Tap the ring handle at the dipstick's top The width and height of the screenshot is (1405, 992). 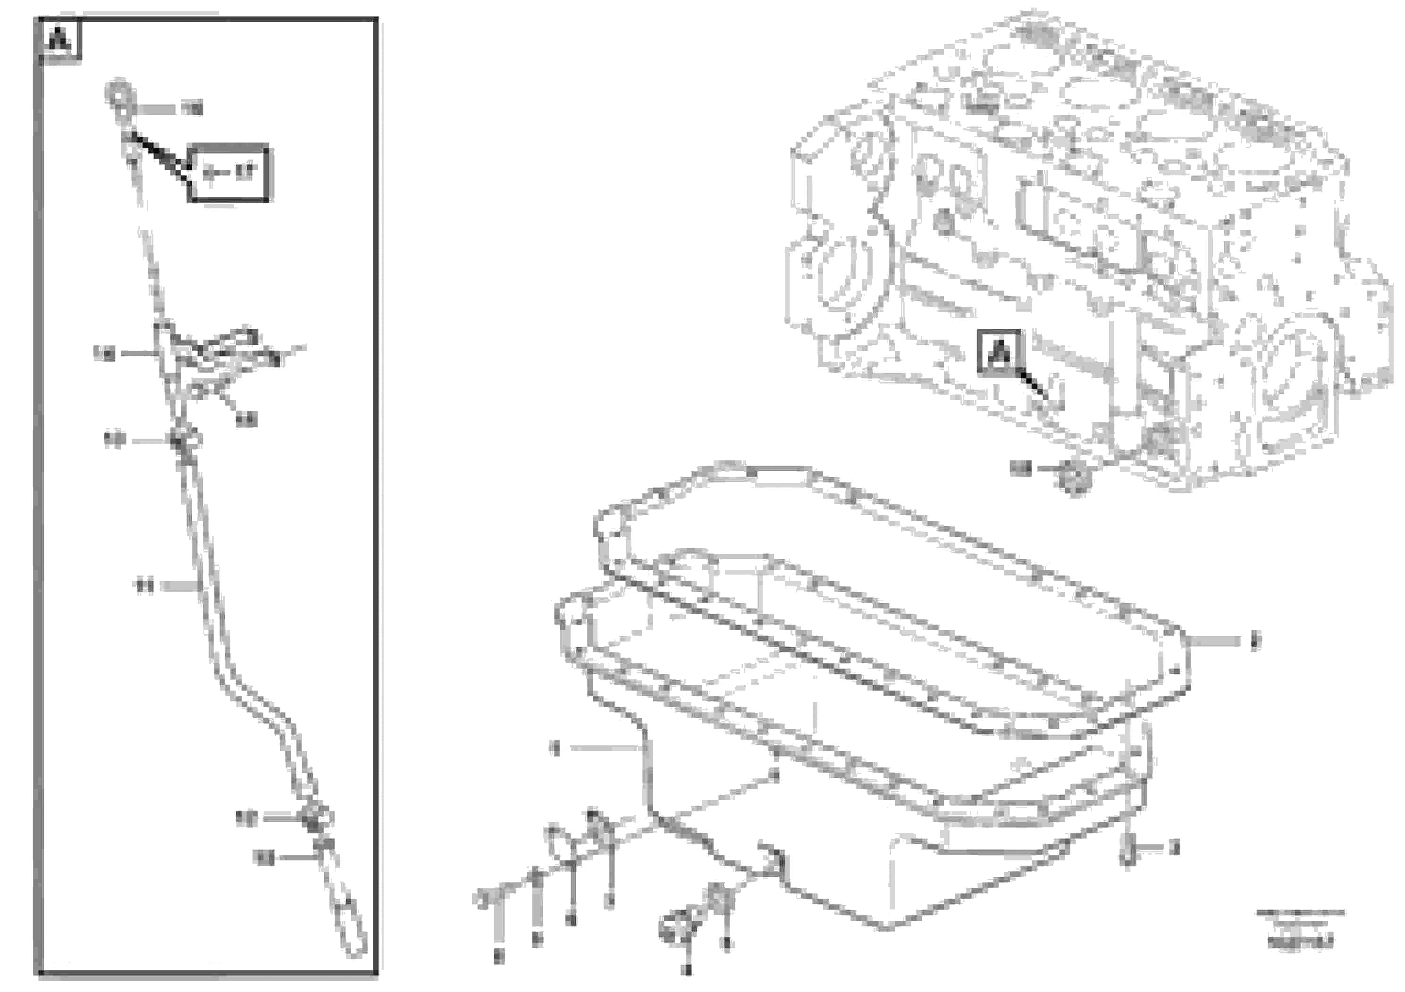coord(118,93)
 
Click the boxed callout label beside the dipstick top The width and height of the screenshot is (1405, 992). coord(227,173)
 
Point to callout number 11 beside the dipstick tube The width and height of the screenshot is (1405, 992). coord(144,586)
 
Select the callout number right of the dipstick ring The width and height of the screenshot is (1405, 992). coord(193,109)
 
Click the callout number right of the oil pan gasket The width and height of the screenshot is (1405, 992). coord(1254,642)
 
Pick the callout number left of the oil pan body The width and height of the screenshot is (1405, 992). coord(555,748)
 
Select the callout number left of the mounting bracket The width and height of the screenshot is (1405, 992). coord(104,353)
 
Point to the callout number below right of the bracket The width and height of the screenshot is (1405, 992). coord(247,419)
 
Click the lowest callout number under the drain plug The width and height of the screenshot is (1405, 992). coord(687,970)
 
